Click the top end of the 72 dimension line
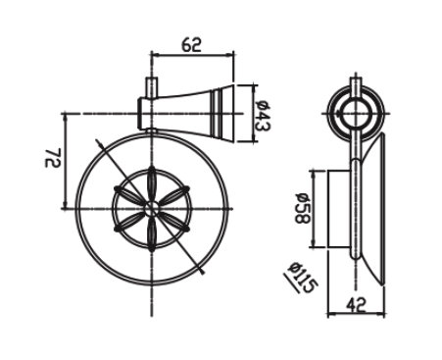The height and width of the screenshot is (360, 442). pyautogui.click(x=66, y=115)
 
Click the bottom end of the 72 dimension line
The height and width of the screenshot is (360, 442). pyautogui.click(x=66, y=207)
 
